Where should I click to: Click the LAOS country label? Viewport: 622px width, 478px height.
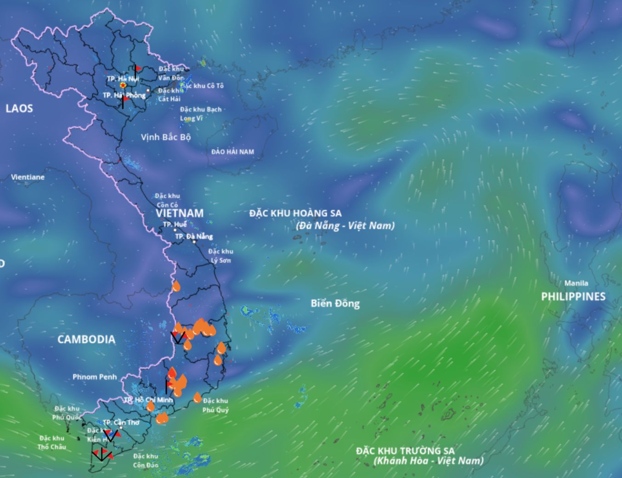pos(19,108)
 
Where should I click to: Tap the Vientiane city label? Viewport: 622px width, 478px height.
pos(28,177)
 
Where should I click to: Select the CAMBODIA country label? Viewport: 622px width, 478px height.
pos(86,339)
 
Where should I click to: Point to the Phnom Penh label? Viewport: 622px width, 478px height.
pos(95,377)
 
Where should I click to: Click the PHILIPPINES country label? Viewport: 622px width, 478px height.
pos(573,297)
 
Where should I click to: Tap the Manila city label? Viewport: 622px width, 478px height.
pos(576,283)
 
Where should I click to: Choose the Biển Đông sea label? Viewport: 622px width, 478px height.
pos(335,303)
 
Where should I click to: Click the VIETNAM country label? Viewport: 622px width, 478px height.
pos(179,213)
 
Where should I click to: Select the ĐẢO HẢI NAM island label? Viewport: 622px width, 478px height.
pos(232,152)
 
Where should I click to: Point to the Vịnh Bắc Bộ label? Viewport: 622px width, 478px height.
pos(165,137)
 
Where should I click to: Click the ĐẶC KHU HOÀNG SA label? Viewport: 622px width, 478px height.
pos(295,213)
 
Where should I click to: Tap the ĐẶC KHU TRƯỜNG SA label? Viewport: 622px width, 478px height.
pos(405,451)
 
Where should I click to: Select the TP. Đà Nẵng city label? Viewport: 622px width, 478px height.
pos(194,236)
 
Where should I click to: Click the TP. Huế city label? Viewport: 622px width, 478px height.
pos(175,225)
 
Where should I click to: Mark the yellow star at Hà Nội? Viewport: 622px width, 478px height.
pos(123,85)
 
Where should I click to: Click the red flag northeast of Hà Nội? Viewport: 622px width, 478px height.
pos(137,68)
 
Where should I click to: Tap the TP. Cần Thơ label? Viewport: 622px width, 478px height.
pos(121,422)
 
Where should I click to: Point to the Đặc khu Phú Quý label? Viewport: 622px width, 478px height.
pos(215,405)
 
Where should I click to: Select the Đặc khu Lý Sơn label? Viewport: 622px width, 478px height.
pos(221,256)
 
